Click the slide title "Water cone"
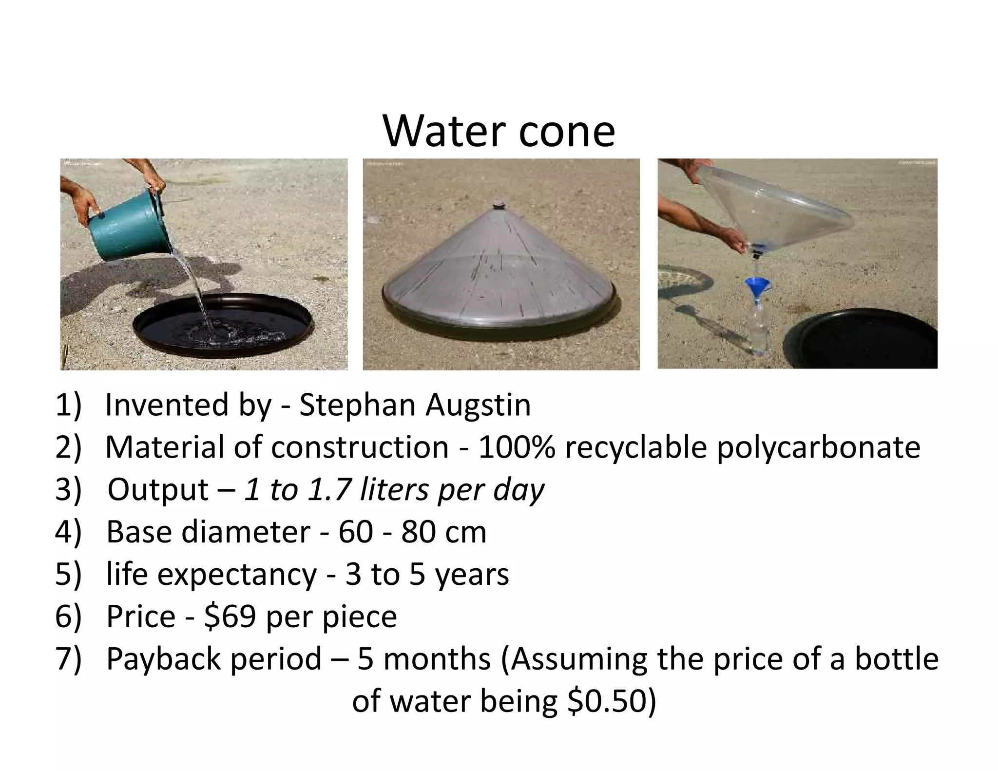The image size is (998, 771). point(499,131)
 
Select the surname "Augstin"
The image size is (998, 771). point(478,405)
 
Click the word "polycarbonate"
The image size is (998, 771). point(818,447)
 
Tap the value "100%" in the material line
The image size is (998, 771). point(517,447)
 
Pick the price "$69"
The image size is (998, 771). point(230,617)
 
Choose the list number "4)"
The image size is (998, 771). point(68,532)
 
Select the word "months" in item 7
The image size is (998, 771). point(437,659)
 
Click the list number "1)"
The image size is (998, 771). point(68,405)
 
